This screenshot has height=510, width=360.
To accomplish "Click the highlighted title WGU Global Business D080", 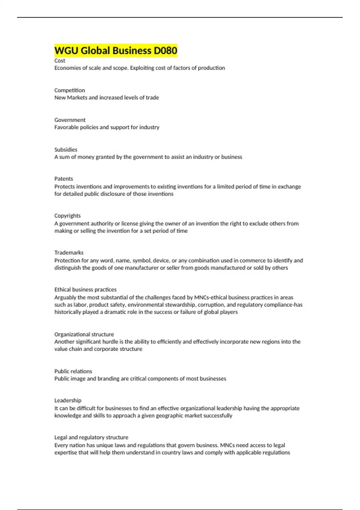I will [x=116, y=50].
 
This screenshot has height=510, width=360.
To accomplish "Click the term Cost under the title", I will [x=60, y=61].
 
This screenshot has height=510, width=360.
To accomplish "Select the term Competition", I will [x=70, y=90].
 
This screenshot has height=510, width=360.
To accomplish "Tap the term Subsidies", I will [x=66, y=149].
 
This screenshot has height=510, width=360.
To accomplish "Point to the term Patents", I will [x=64, y=179].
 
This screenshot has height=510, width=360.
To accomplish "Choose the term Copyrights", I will [x=67, y=216].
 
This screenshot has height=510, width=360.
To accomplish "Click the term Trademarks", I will [x=69, y=253].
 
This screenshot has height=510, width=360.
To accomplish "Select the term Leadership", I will [x=68, y=400].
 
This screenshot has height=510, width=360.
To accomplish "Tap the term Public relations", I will [x=73, y=371].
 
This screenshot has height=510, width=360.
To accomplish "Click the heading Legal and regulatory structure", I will [x=91, y=437].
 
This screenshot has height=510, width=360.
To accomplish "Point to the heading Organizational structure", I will [x=84, y=334].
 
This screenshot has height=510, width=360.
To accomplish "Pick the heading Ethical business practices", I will [x=85, y=289].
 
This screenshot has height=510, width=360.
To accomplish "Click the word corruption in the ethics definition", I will [x=211, y=305].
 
